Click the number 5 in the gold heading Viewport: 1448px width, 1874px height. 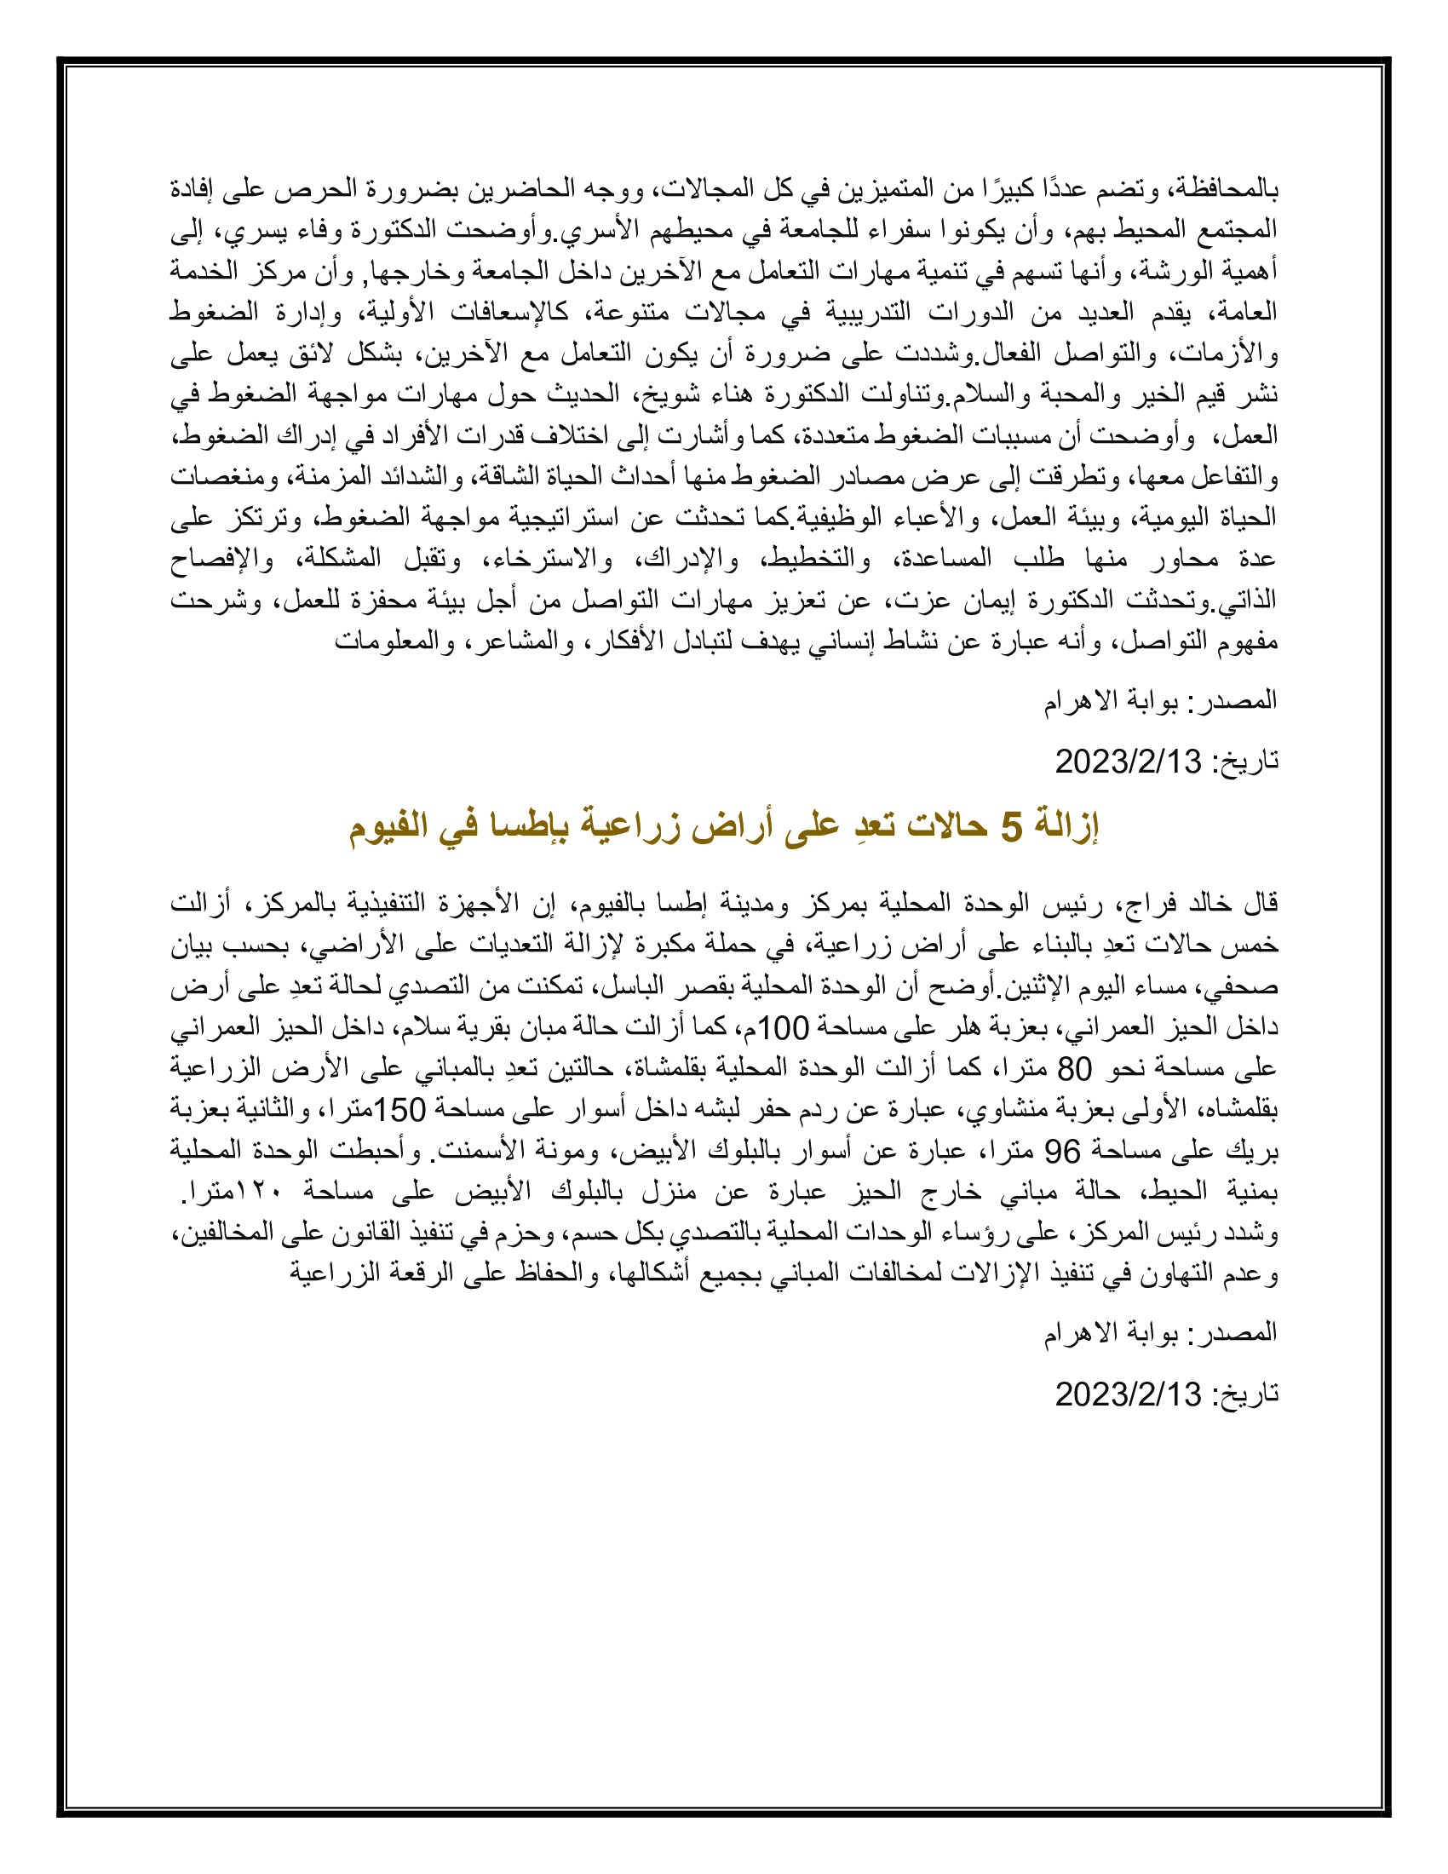click(1012, 828)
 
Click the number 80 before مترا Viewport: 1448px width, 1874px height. click(1074, 1068)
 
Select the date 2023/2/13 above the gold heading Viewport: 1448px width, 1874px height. click(1128, 761)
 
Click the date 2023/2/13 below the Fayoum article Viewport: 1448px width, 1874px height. click(1128, 1394)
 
